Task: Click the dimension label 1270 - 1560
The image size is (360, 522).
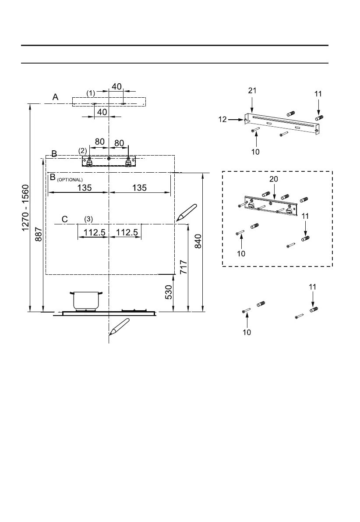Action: tap(25, 208)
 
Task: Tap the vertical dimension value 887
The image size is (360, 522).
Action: tap(39, 234)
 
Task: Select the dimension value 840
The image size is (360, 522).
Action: tap(198, 241)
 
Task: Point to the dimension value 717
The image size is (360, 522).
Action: tap(184, 267)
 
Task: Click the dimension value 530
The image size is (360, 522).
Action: tap(169, 292)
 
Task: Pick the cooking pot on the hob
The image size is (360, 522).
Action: tap(86, 301)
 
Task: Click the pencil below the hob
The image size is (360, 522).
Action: tap(119, 327)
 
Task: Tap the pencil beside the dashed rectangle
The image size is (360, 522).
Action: tap(187, 213)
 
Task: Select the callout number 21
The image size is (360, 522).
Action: tap(252, 91)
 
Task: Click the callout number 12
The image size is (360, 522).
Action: tap(222, 119)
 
